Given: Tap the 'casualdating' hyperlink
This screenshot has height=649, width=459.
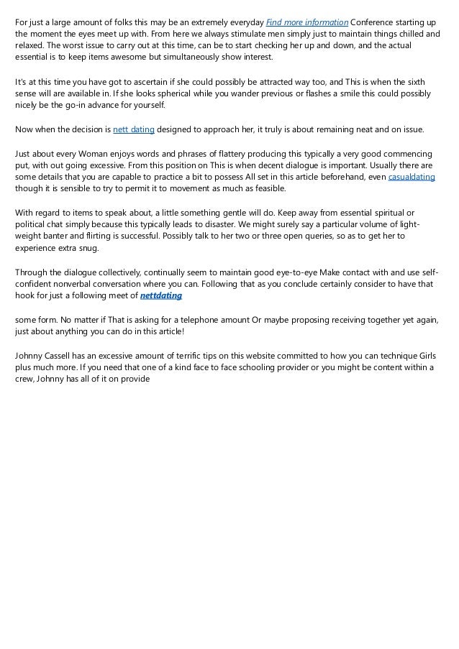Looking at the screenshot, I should click(412, 177).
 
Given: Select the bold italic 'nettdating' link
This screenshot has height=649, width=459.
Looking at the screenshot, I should click(161, 295).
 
